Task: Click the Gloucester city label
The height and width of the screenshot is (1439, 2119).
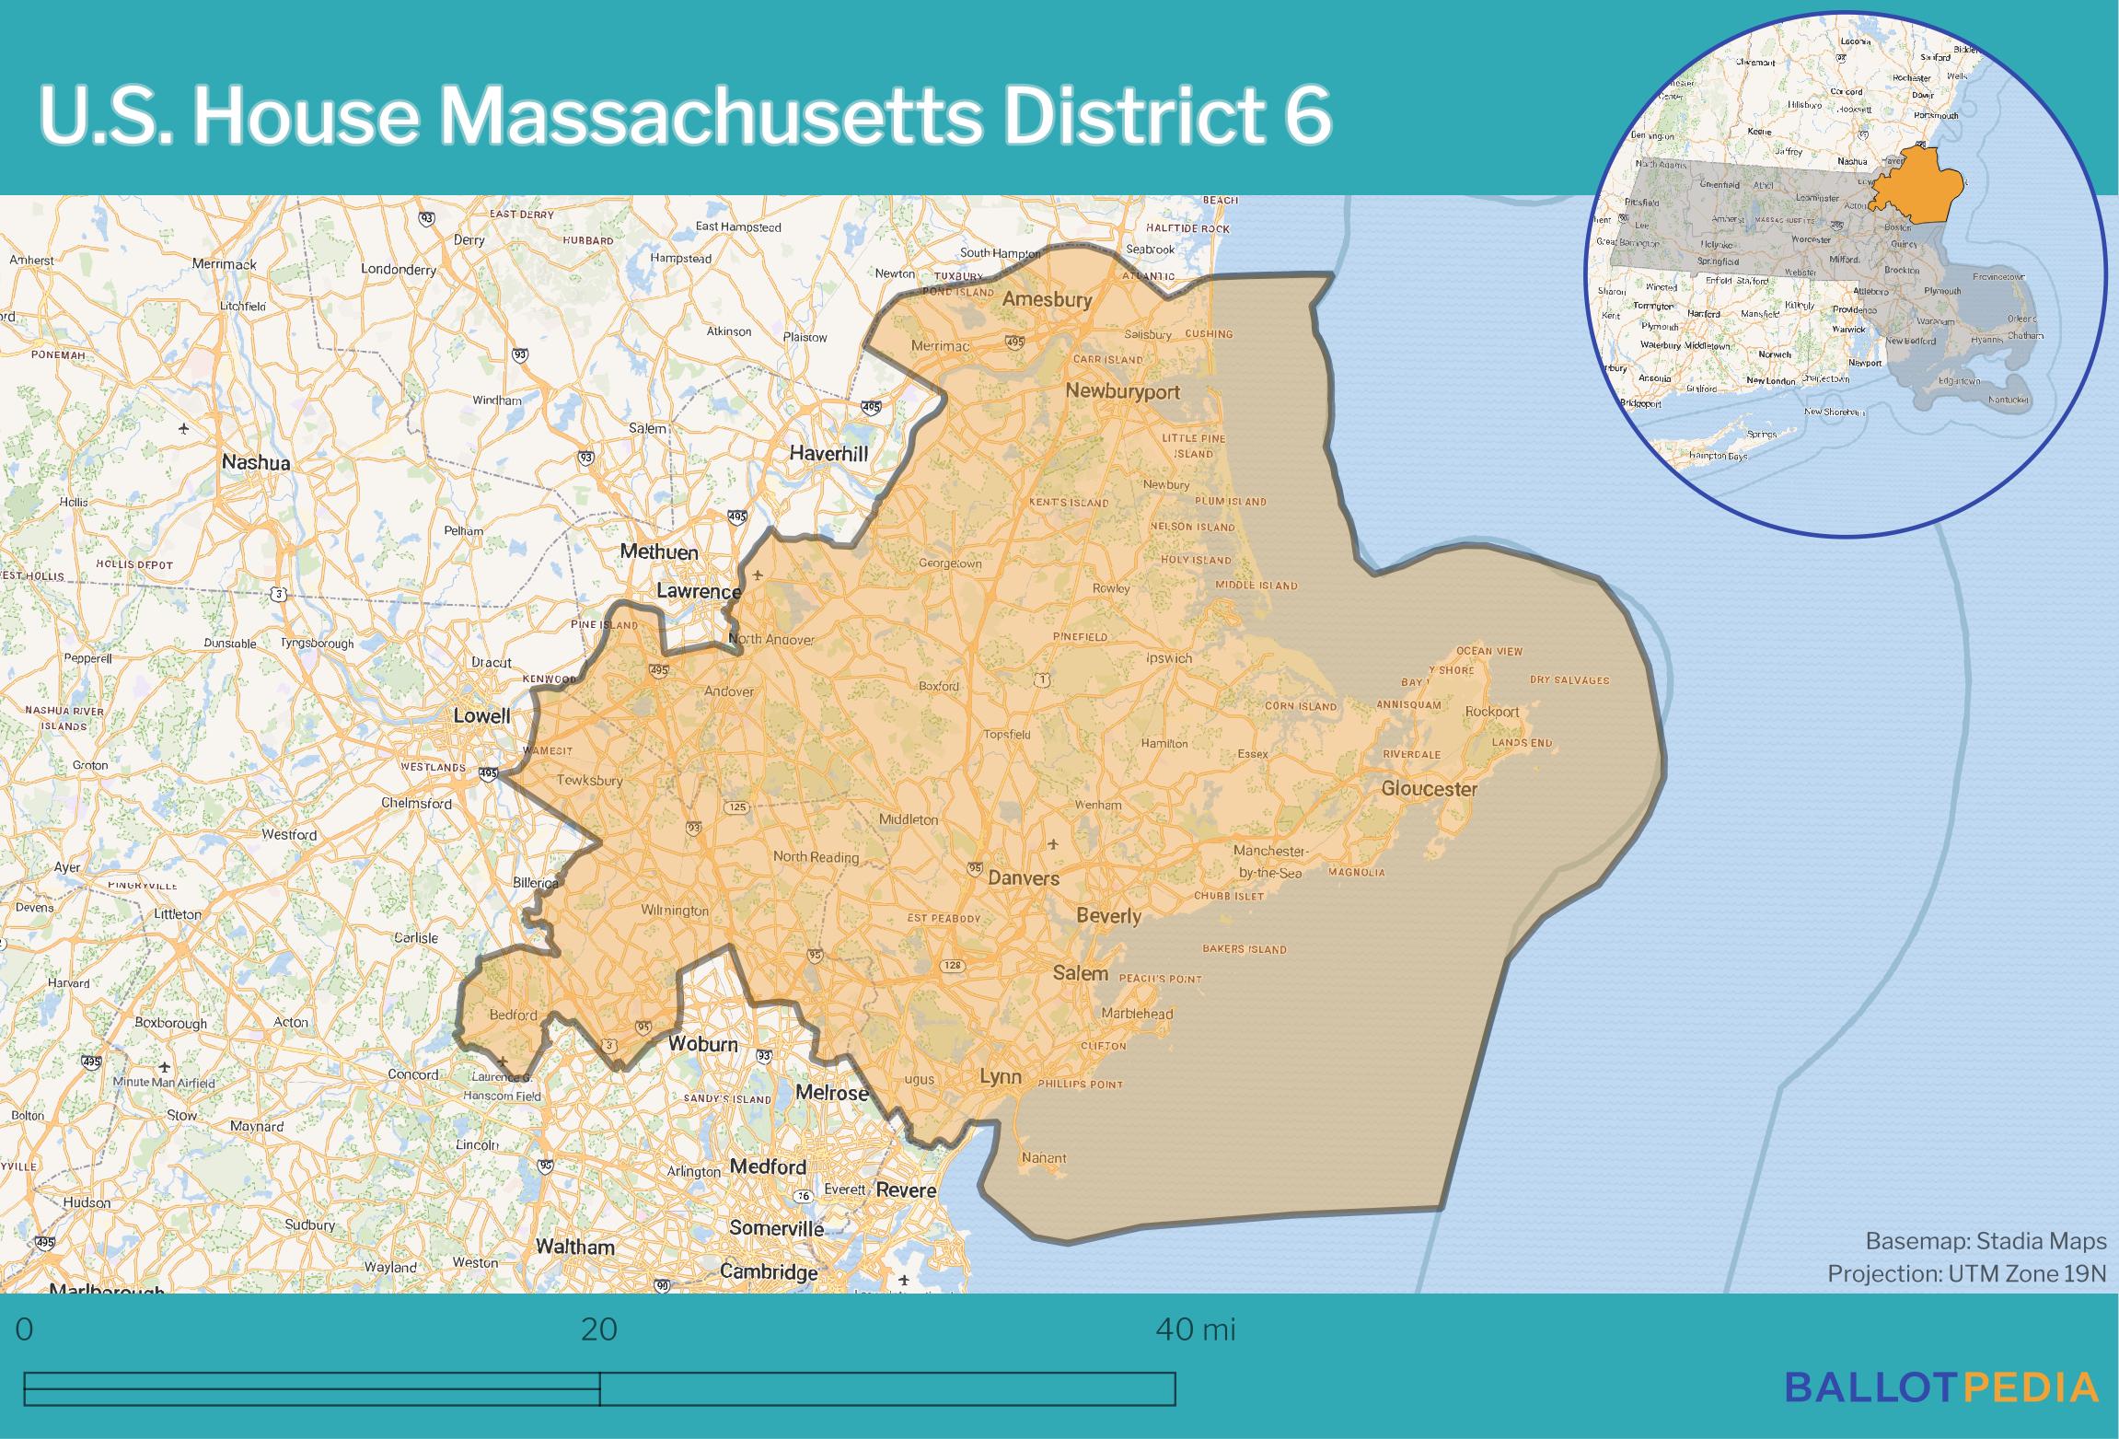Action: coord(1429,789)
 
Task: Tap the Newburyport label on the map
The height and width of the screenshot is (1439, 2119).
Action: coord(1122,391)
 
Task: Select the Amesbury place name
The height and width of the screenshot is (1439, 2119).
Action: coord(1047,299)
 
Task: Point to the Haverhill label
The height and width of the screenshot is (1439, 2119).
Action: coord(828,453)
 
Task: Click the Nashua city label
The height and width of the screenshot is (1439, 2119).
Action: coord(256,462)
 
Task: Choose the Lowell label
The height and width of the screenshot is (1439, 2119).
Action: coord(481,715)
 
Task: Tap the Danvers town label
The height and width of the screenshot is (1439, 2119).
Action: coord(1024,878)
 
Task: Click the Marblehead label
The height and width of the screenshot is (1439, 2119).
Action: coord(1137,1014)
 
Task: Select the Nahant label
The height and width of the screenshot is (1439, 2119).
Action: coord(1044,1158)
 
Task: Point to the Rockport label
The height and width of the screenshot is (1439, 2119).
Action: coord(1492,712)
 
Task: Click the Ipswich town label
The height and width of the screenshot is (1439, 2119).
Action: coord(1169,658)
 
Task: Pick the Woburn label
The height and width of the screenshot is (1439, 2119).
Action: coord(703,1044)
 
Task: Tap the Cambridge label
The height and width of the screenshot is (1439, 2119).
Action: coord(769,1271)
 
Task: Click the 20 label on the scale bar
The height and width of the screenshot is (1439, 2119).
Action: coord(599,1329)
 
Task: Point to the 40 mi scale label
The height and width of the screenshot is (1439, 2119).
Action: coord(1195,1329)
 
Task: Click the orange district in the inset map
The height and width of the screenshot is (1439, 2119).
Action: coord(1915,189)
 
